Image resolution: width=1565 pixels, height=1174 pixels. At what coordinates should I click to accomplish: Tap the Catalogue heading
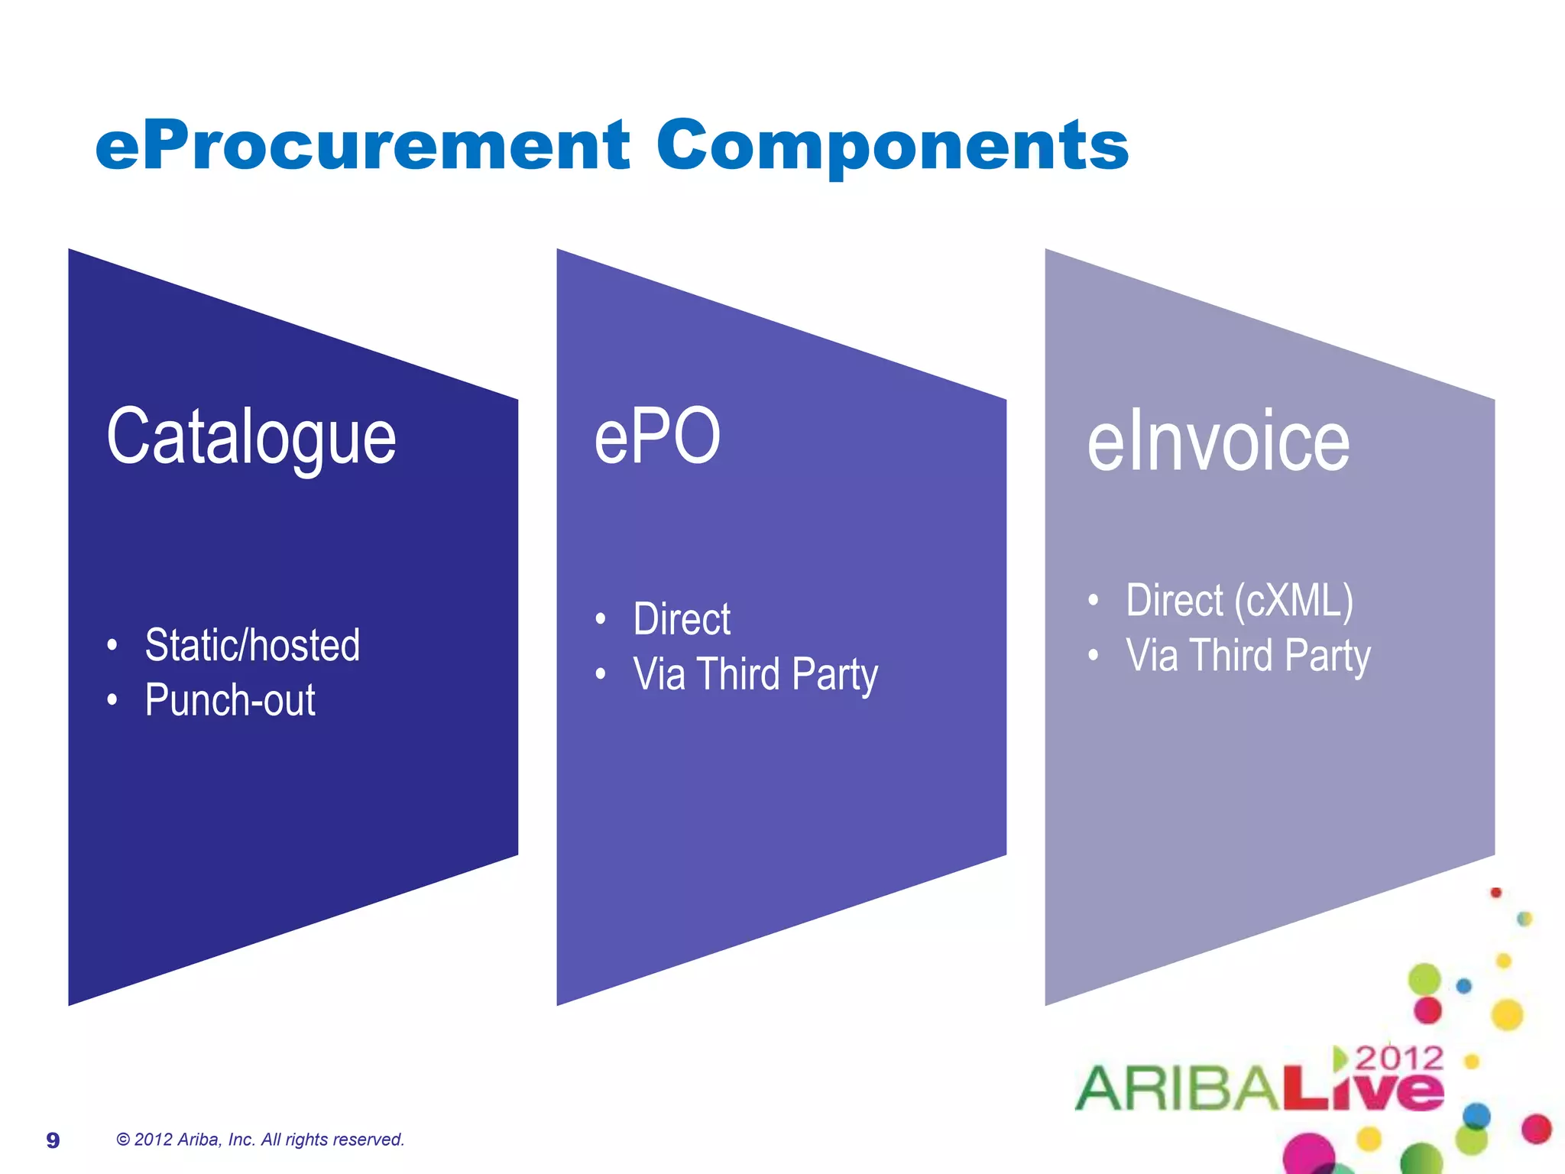[251, 438]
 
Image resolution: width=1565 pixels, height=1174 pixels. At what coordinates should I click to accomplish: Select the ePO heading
[657, 436]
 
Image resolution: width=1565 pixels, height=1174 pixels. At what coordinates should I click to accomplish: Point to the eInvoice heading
[1218, 442]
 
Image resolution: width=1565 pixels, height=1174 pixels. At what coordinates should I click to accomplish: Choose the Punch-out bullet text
[230, 699]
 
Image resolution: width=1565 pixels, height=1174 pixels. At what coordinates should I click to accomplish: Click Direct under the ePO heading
[682, 618]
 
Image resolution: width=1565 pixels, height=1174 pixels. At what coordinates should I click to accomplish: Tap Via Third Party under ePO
[755, 674]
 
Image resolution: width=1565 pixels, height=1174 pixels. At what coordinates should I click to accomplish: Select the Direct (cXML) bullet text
[1239, 600]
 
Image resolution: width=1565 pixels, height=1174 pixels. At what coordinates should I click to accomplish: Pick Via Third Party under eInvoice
[1248, 656]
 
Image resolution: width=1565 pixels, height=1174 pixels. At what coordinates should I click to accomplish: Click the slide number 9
[53, 1140]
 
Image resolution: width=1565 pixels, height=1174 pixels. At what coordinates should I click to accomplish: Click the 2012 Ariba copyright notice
[260, 1140]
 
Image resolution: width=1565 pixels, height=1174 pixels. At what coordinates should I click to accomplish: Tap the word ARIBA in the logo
[1177, 1088]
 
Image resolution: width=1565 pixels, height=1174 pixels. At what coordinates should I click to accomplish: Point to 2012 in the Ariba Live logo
[1399, 1058]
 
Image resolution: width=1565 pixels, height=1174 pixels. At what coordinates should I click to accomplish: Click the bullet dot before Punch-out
[112, 700]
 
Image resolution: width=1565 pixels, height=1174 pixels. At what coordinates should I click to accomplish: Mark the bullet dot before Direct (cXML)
[1094, 601]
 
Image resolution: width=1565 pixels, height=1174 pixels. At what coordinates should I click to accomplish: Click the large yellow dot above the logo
[1507, 1015]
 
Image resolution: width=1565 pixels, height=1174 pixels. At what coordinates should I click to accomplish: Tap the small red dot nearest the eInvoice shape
[1496, 893]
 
